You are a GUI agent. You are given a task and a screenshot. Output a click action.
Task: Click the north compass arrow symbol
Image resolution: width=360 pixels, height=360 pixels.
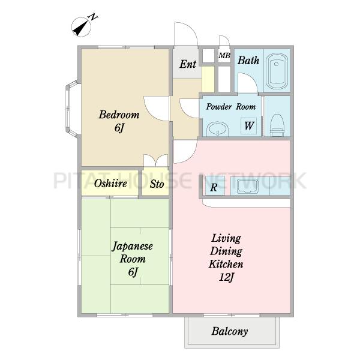pyautogui.click(x=81, y=27)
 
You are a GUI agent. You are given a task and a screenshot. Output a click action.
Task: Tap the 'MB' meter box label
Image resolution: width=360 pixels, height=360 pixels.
pyautogui.click(x=224, y=55)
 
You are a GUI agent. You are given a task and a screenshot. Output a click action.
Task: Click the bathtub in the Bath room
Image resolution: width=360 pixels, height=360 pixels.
pyautogui.click(x=277, y=71)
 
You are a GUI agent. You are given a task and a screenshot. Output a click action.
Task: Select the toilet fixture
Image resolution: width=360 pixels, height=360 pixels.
pyautogui.click(x=277, y=125)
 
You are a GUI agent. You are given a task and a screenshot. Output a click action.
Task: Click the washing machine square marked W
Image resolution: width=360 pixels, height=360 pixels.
pyautogui.click(x=248, y=126)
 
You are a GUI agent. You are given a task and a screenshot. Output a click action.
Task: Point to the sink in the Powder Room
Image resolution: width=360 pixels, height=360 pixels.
pyautogui.click(x=217, y=129)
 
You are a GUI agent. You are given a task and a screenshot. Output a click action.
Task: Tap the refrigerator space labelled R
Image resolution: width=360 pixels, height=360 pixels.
pyautogui.click(x=214, y=187)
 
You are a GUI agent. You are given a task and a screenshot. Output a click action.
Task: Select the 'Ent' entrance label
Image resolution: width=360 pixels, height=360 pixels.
pyautogui.click(x=188, y=64)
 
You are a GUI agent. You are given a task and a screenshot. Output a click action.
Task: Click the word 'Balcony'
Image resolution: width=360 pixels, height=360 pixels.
pyautogui.click(x=230, y=331)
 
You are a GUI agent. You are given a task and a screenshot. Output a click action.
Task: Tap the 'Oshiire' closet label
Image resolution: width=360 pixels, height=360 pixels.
pyautogui.click(x=110, y=183)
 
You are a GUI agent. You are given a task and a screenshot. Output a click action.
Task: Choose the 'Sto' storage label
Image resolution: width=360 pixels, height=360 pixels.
pyautogui.click(x=157, y=184)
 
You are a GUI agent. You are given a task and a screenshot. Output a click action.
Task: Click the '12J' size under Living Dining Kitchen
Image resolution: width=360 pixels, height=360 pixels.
pyautogui.click(x=226, y=277)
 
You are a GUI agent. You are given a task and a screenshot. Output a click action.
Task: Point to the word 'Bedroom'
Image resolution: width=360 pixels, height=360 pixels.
pyautogui.click(x=119, y=115)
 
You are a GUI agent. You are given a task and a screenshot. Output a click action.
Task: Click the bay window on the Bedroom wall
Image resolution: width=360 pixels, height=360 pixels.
pyautogui.click(x=71, y=109)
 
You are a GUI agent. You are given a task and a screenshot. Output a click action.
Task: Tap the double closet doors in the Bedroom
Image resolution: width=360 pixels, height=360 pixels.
pyautogui.click(x=156, y=160)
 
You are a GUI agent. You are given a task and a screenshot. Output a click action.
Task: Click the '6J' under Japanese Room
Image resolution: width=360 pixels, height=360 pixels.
pyautogui.click(x=133, y=272)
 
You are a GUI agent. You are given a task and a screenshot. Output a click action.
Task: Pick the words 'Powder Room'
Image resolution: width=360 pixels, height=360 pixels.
pyautogui.click(x=231, y=107)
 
